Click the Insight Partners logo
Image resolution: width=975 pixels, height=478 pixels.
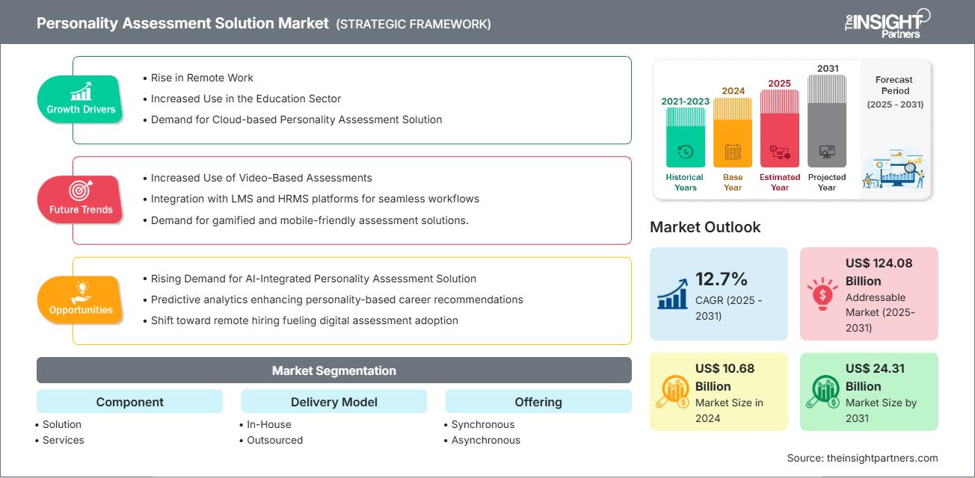click(x=886, y=23)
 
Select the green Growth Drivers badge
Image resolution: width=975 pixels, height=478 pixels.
click(x=81, y=99)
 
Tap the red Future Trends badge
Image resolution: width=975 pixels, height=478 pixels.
click(x=81, y=199)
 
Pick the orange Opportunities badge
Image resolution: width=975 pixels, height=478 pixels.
click(x=81, y=300)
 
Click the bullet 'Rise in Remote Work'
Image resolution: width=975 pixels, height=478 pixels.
click(x=202, y=78)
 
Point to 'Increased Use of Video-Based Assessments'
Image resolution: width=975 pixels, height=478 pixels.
click(x=261, y=178)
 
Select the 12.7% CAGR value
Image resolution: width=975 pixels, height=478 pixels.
click(x=722, y=279)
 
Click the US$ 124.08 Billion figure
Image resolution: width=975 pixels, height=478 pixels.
click(x=879, y=272)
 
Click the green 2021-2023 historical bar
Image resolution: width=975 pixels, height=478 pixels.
click(x=685, y=137)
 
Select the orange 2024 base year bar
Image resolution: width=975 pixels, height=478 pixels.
click(x=733, y=132)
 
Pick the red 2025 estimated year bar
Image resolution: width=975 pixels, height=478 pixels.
click(x=779, y=128)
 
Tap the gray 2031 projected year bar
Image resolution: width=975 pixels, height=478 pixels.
click(x=827, y=120)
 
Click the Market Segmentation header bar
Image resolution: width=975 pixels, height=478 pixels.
click(x=333, y=370)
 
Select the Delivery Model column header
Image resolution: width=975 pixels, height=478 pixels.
click(x=333, y=402)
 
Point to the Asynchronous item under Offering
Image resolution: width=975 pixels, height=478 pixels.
click(x=485, y=440)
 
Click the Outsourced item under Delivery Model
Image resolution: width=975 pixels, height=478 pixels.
click(x=274, y=440)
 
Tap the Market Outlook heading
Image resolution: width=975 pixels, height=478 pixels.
click(x=705, y=227)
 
